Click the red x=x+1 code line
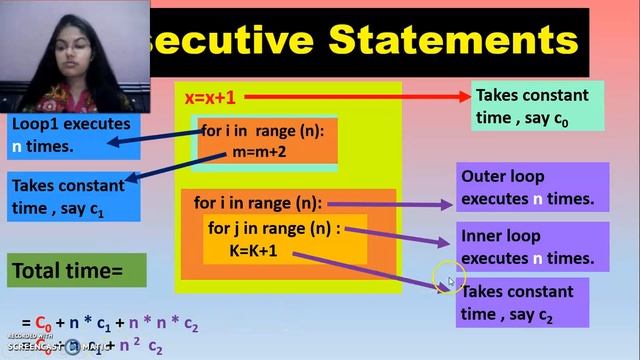coord(209,98)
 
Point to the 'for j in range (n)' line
coord(274,228)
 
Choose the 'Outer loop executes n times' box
coord(532,187)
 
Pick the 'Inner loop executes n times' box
coord(532,247)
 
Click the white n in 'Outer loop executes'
coord(538,199)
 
